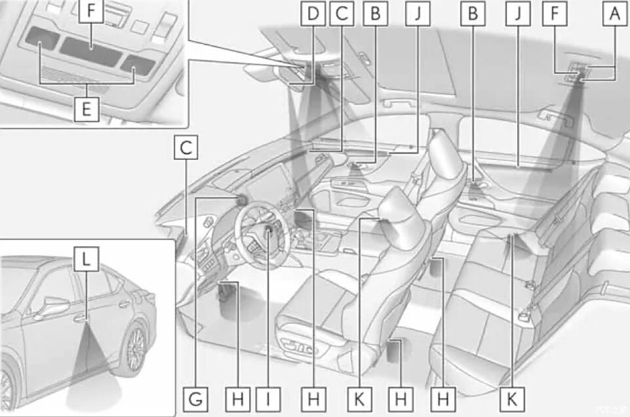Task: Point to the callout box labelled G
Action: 196,397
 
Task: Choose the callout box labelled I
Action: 269,397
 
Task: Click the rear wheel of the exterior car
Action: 135,347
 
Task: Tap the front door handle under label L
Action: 79,319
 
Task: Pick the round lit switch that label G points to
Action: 241,200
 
